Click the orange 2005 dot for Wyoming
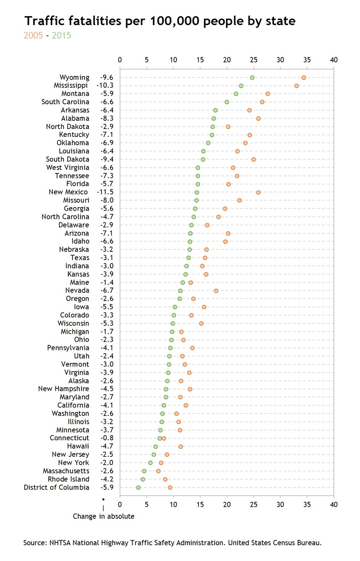304,78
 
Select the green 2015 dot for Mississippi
241,86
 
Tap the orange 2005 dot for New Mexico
258,192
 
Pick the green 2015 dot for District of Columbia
138,488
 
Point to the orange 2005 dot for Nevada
216,291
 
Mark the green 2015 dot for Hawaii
155,447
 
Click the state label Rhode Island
68,479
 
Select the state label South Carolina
65,102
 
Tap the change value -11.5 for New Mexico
105,192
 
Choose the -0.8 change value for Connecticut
107,438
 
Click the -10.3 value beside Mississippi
105,86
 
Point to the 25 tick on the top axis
254,60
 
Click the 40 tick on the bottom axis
333,504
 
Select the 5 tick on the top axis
147,60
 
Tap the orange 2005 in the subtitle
33,35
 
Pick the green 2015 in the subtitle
61,35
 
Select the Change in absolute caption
104,516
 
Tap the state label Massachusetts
66,471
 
